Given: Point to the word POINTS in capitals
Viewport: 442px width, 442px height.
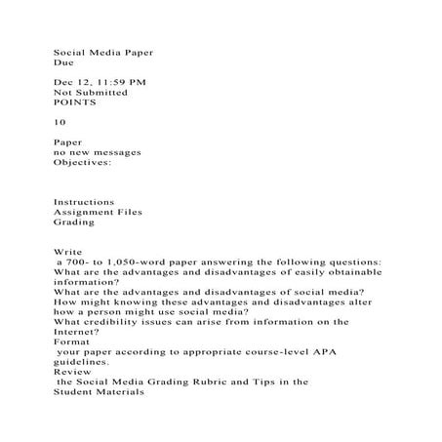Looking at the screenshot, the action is (75, 101).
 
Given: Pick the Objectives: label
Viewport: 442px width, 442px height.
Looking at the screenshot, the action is (82, 163).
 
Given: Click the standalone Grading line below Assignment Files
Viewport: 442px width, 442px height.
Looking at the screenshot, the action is (74, 222).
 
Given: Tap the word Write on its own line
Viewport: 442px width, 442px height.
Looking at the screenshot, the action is (66, 252).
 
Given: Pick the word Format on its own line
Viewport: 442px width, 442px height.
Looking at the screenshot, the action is (70, 342).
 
